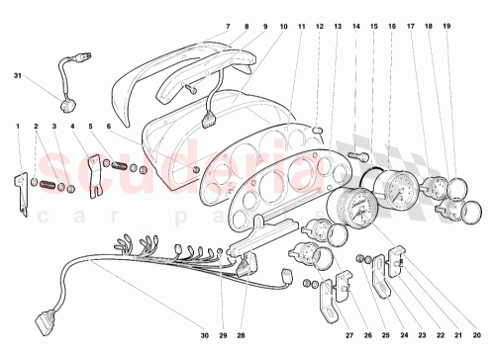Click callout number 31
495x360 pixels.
tap(17, 76)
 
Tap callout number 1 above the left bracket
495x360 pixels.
tap(17, 127)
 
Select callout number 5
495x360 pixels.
tap(92, 127)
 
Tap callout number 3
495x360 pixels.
tap(54, 127)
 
